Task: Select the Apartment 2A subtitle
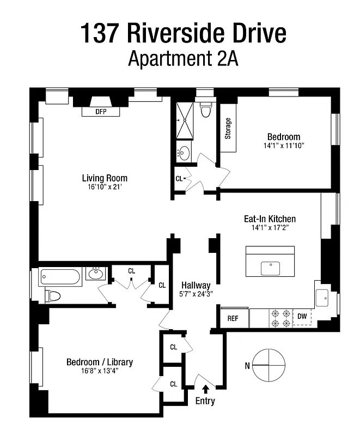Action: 183,58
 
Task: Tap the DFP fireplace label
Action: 100,112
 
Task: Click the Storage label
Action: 228,128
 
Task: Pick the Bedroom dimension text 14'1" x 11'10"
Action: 283,146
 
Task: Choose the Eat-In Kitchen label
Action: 270,219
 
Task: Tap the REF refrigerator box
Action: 234,318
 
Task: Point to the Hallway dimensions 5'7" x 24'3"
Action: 196,294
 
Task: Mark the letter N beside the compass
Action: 247,366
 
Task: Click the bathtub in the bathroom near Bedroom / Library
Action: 60,278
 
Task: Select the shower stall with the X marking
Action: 184,120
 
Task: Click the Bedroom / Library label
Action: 99,362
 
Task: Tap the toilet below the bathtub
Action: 53,296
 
